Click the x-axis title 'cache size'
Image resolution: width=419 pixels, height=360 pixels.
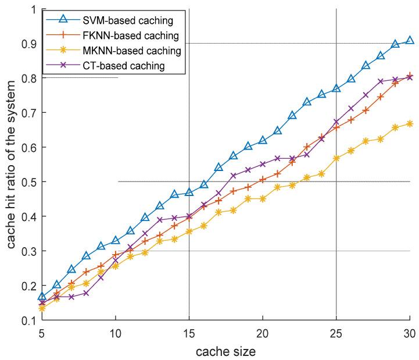point(225,351)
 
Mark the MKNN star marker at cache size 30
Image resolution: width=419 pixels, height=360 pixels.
point(410,123)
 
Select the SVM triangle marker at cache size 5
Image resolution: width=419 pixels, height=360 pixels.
point(42,297)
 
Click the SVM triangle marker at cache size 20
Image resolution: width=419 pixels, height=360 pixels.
point(263,141)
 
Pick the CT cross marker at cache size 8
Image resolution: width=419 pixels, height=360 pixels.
point(86,293)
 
